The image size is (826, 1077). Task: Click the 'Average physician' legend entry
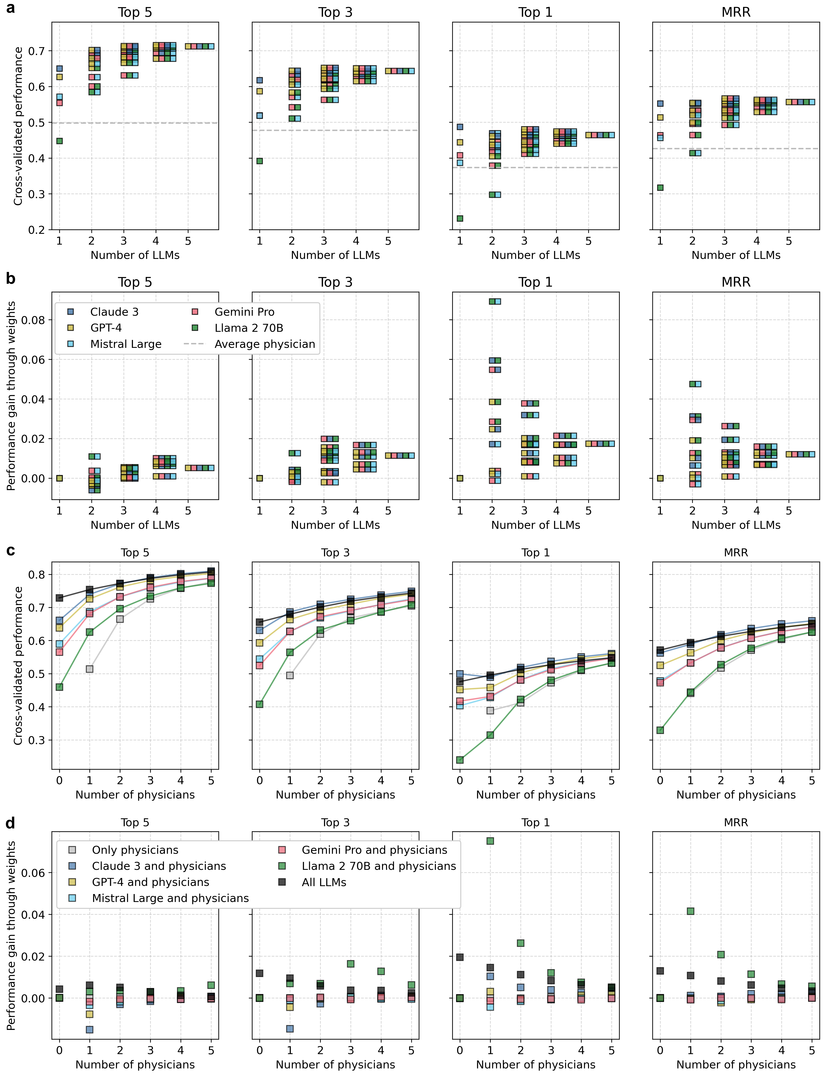coord(265,344)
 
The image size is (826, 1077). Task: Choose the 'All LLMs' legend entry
coord(324,882)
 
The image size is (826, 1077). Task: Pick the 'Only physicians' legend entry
coord(135,850)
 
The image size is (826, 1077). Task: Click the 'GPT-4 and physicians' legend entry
coord(150,882)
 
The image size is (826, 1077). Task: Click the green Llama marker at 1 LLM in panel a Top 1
coord(460,218)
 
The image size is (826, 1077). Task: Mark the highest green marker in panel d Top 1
coord(490,841)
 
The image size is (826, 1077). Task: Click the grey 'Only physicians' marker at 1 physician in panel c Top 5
coord(89,669)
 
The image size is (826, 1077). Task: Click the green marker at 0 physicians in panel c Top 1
coord(460,760)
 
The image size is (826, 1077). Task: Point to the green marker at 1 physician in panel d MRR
coord(690,911)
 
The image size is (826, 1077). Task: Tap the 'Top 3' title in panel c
coord(335,553)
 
